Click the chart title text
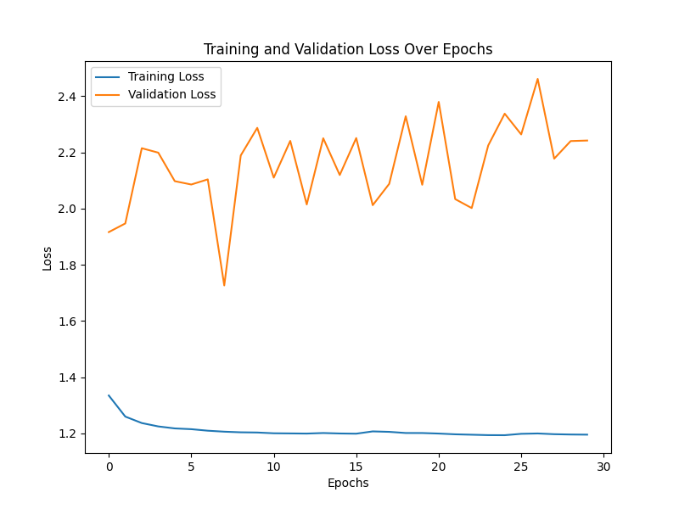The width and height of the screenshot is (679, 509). (348, 49)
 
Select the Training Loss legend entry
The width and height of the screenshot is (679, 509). (166, 77)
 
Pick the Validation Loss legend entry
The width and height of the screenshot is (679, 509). (171, 94)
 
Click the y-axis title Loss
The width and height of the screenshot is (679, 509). (48, 258)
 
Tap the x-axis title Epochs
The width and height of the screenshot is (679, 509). (348, 483)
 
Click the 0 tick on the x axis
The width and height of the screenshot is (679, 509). (109, 467)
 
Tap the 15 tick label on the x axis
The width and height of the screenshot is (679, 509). (356, 467)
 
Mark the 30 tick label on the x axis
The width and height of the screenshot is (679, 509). (603, 467)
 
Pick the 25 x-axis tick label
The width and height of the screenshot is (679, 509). (521, 467)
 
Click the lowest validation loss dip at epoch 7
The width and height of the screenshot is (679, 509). (224, 285)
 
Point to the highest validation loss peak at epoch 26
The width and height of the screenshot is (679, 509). (537, 79)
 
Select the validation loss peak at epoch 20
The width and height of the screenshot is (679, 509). (439, 102)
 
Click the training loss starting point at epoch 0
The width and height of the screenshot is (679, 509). (109, 395)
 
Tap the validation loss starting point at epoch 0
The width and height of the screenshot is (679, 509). (109, 232)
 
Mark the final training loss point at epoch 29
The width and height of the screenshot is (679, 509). (587, 434)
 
